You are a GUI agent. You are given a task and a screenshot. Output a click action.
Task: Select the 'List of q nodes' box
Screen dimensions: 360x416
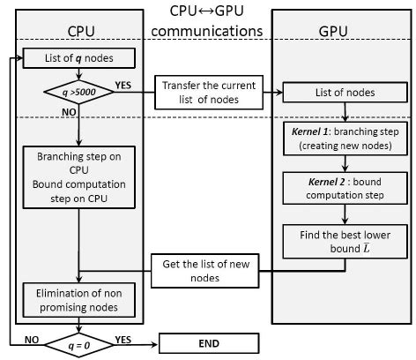tap(78, 60)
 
